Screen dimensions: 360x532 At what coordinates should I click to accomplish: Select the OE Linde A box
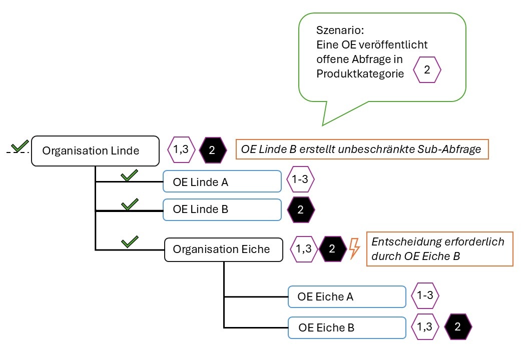pos(222,182)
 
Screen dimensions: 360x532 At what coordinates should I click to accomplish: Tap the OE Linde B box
pos(222,209)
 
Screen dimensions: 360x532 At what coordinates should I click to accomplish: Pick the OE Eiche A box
pos(346,296)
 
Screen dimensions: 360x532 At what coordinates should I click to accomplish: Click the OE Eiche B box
pos(346,328)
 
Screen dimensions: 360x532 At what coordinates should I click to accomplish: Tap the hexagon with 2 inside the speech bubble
pos(427,70)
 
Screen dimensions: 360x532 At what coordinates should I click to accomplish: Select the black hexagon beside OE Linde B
pos(301,209)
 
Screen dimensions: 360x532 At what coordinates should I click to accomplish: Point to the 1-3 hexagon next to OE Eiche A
pos(425,295)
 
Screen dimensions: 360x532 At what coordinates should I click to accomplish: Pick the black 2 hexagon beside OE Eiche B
pos(458,327)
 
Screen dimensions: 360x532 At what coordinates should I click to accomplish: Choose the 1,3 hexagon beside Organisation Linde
pos(181,150)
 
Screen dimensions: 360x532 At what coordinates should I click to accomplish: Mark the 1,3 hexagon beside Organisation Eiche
pos(304,249)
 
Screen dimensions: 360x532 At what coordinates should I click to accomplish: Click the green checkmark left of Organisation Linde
pos(20,146)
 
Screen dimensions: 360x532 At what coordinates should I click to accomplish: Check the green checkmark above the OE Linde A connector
pos(129,175)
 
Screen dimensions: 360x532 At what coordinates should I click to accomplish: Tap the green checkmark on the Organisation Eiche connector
pos(130,242)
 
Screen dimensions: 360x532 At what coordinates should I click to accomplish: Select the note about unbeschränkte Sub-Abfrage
pos(361,150)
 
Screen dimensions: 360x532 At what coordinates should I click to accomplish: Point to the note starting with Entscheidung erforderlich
pos(440,248)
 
